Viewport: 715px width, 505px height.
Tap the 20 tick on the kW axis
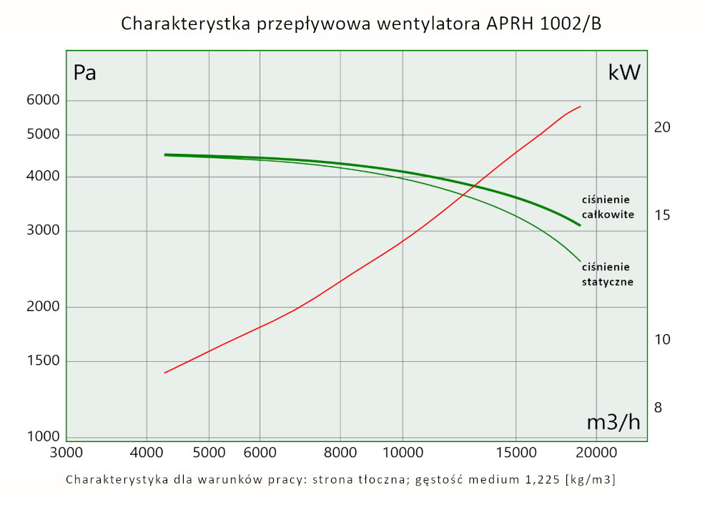(661, 127)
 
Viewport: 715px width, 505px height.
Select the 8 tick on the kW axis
(658, 408)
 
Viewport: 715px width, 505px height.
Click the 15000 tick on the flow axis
(516, 452)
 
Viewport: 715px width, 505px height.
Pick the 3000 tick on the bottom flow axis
(66, 452)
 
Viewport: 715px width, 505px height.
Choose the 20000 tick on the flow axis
(596, 452)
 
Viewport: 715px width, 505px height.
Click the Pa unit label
(85, 73)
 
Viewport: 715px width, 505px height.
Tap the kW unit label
(624, 72)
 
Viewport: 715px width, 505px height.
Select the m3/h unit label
(613, 422)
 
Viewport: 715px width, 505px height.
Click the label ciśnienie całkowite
(607, 207)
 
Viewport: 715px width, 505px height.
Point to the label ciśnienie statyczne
(607, 274)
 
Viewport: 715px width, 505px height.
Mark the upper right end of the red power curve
(580, 107)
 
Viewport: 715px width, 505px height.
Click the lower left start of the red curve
(165, 373)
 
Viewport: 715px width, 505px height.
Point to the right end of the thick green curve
(580, 225)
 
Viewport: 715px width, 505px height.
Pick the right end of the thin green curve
(580, 261)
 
